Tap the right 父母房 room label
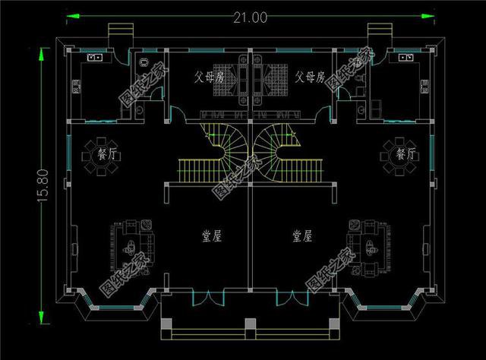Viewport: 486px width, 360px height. (311, 77)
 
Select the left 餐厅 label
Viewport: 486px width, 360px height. (107, 155)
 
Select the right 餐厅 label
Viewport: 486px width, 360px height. (406, 154)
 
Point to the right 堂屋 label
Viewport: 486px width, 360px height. (302, 237)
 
